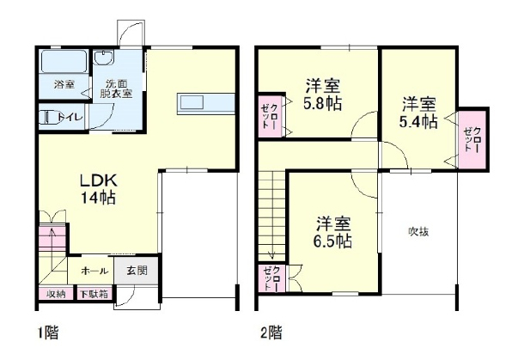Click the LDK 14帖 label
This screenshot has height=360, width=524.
coord(98,189)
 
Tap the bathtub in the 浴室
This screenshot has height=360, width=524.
coord(64,61)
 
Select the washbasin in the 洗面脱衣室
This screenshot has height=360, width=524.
coord(104,58)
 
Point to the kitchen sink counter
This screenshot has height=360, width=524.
coord(205,104)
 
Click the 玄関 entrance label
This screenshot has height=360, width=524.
coord(137,270)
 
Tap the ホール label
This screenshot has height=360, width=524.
coord(94,271)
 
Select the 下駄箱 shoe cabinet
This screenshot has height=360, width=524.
coord(94,294)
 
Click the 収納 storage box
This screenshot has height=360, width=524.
coord(56,294)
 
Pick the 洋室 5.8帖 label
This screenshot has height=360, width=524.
coord(323,95)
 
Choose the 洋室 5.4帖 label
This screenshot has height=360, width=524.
coord(418,113)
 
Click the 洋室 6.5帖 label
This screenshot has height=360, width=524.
coord(332,232)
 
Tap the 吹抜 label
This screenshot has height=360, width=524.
coord(418,231)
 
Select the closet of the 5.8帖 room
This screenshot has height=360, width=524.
coord(271,116)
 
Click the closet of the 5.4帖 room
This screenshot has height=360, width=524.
coord(472,139)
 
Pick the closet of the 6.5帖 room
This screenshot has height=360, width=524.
coord(272,278)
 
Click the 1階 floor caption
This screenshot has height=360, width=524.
coord(48,333)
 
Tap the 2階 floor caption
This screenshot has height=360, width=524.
coord(271,333)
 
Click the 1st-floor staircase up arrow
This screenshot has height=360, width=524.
coord(52,238)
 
